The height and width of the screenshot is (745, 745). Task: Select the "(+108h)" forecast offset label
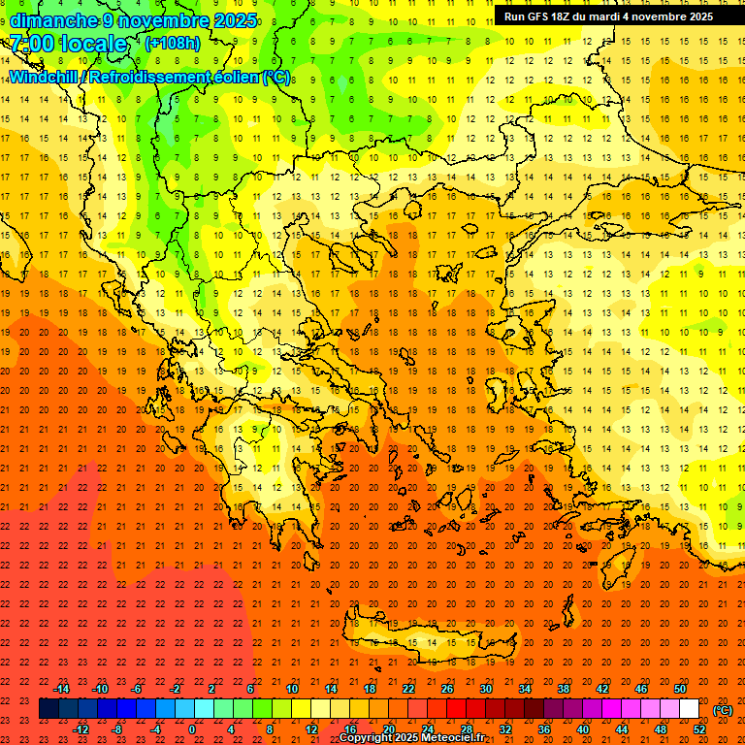point(173,43)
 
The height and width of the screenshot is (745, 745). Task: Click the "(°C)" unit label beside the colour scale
point(723,710)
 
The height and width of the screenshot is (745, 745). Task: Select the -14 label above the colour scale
point(61,689)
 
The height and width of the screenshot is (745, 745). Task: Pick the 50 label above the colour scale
point(680,689)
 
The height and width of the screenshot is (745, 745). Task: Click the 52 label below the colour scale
point(699,729)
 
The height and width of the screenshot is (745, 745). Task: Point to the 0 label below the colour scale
point(192,729)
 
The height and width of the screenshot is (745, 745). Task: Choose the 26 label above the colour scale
point(447,689)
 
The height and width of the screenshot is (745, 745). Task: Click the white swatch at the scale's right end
point(689,709)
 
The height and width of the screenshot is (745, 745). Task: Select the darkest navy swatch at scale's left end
point(49,709)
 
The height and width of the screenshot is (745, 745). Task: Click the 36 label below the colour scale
point(544,729)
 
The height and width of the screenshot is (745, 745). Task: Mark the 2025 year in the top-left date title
point(235,20)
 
